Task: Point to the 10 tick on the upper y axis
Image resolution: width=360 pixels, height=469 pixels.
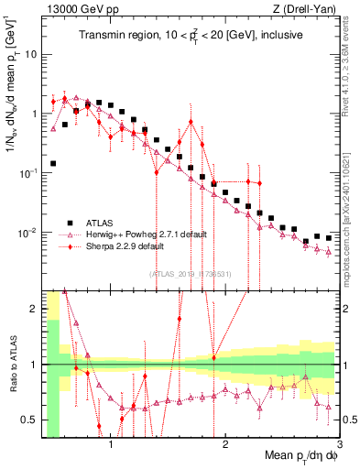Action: pyautogui.click(x=30, y=54)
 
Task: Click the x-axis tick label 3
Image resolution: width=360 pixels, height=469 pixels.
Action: pyautogui.click(x=328, y=446)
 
